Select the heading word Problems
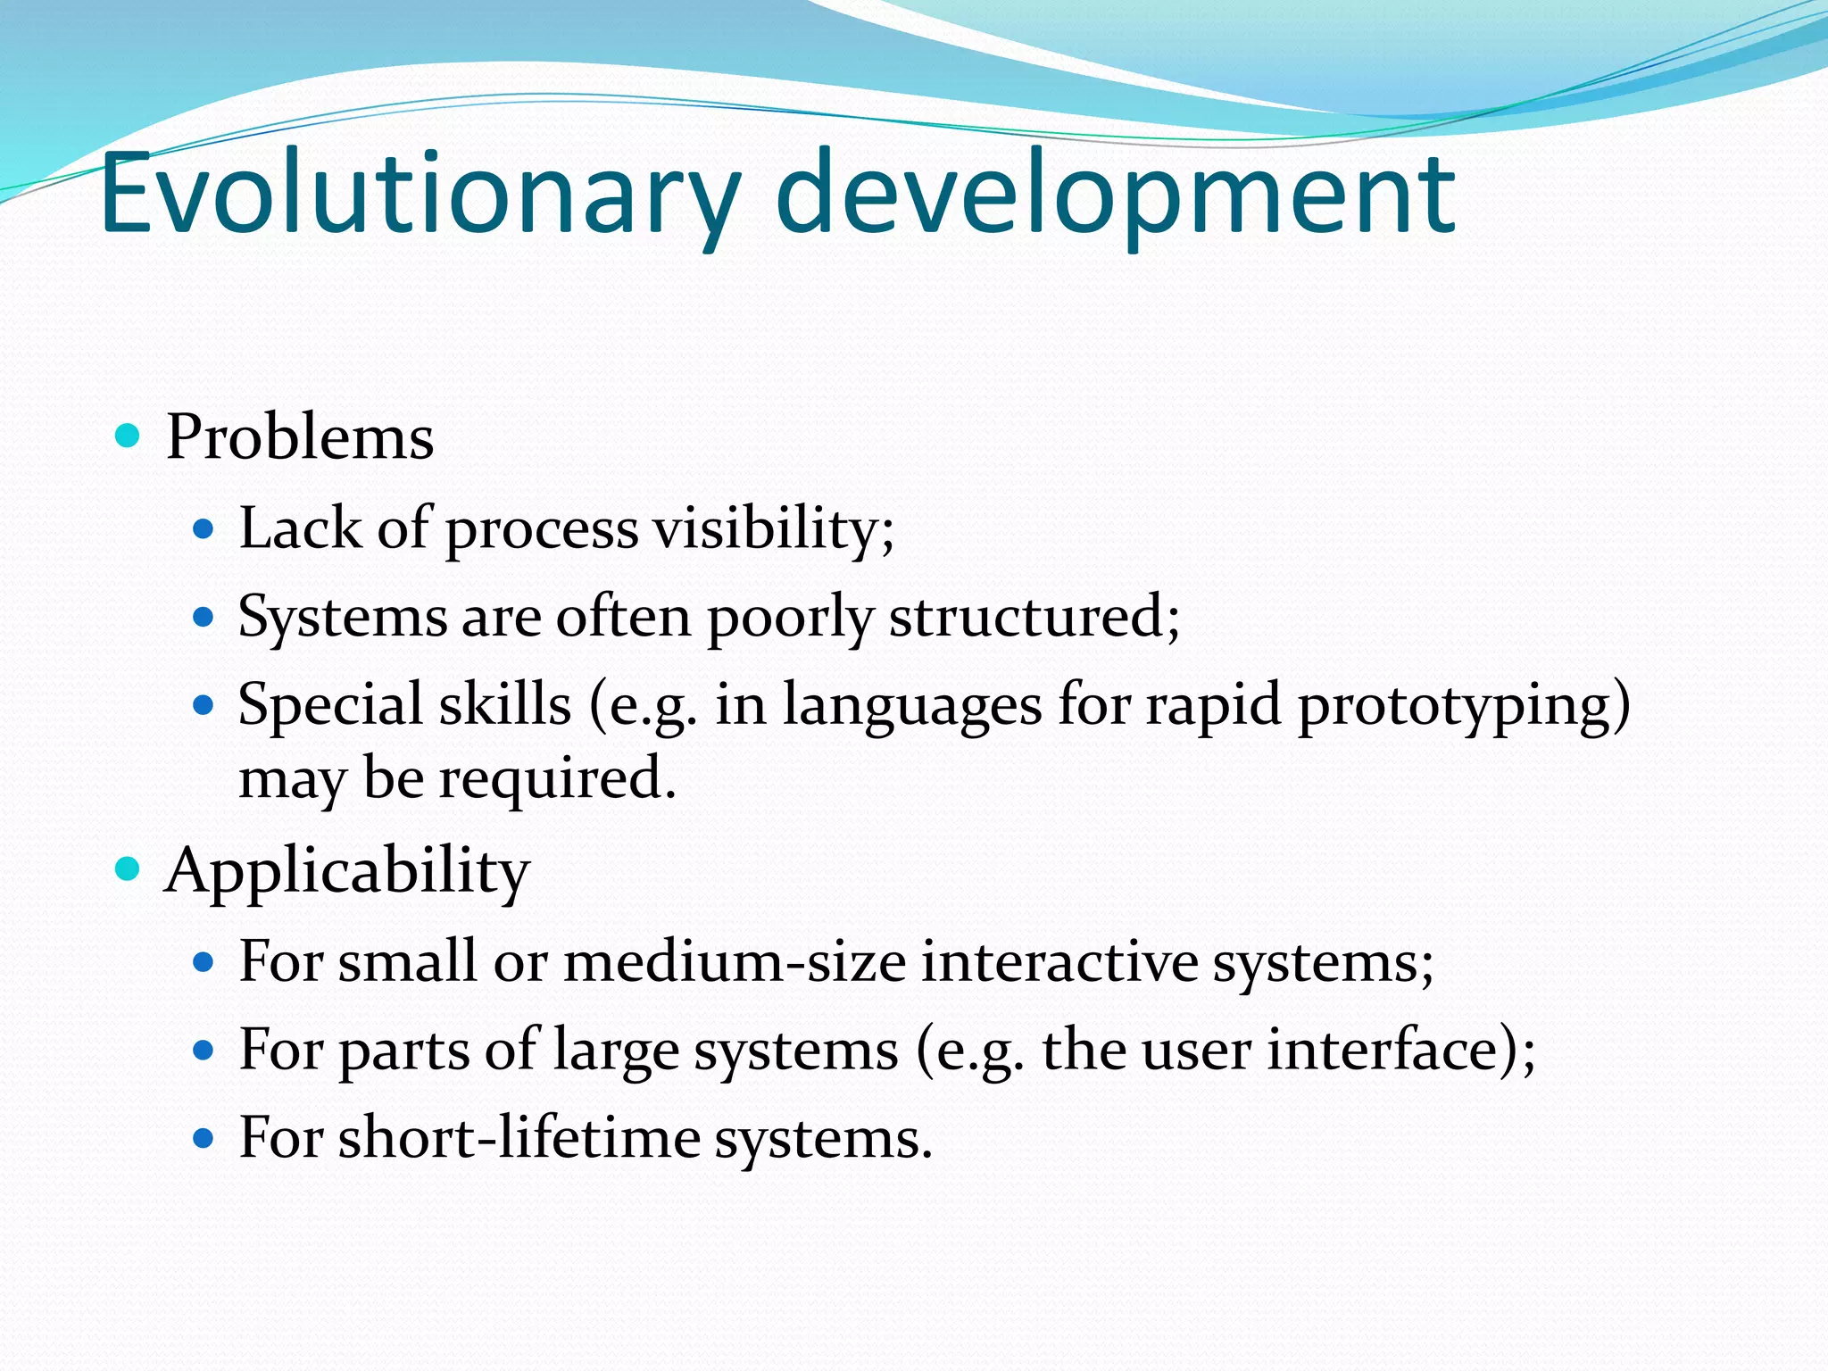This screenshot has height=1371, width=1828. [x=300, y=437]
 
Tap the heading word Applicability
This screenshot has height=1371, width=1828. [x=347, y=870]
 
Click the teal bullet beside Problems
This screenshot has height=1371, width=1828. [x=129, y=436]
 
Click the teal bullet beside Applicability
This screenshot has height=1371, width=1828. [x=129, y=868]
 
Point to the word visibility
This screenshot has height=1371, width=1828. [x=773, y=528]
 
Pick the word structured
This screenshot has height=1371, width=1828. [x=1034, y=616]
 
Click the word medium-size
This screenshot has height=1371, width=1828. [x=735, y=962]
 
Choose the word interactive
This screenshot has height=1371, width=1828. [x=1059, y=962]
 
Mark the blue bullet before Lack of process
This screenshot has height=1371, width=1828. [x=204, y=529]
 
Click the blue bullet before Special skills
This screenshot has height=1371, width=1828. [x=204, y=705]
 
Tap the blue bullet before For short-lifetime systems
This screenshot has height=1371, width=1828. [x=204, y=1138]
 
